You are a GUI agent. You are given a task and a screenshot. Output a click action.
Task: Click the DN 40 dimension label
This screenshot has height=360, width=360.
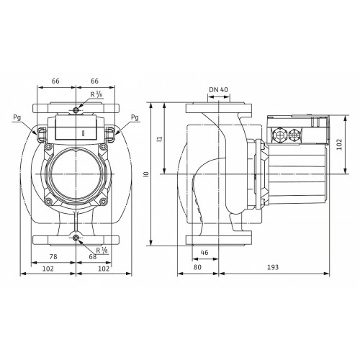218,90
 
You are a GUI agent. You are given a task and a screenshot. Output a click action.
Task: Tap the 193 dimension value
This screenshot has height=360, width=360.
273,267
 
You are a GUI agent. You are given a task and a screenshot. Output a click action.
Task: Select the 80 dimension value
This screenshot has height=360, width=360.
197,267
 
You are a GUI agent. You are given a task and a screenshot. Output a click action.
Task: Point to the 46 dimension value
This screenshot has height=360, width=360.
204,252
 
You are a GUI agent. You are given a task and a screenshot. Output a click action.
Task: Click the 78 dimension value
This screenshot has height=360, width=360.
53,256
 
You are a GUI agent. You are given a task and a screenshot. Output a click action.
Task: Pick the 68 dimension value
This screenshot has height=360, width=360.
93,256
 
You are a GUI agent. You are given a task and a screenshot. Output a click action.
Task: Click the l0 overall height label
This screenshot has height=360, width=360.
147,174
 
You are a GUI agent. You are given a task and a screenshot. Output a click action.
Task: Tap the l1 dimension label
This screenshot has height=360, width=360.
161,138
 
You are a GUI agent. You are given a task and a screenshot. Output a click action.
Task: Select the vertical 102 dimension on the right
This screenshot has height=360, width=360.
339,144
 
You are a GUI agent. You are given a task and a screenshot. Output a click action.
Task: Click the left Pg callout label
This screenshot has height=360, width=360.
17,117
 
